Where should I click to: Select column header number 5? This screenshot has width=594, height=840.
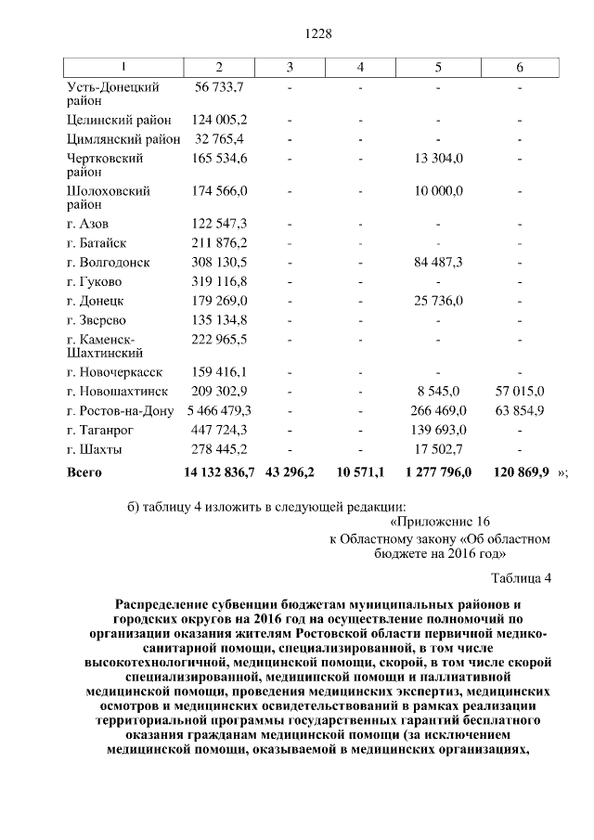(x=438, y=67)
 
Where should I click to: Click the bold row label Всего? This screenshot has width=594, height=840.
(x=84, y=472)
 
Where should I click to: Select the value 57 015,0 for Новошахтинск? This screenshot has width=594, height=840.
(x=520, y=391)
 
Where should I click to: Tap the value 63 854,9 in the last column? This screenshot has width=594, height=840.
(x=520, y=410)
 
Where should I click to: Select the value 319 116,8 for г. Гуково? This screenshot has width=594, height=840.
(x=219, y=282)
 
